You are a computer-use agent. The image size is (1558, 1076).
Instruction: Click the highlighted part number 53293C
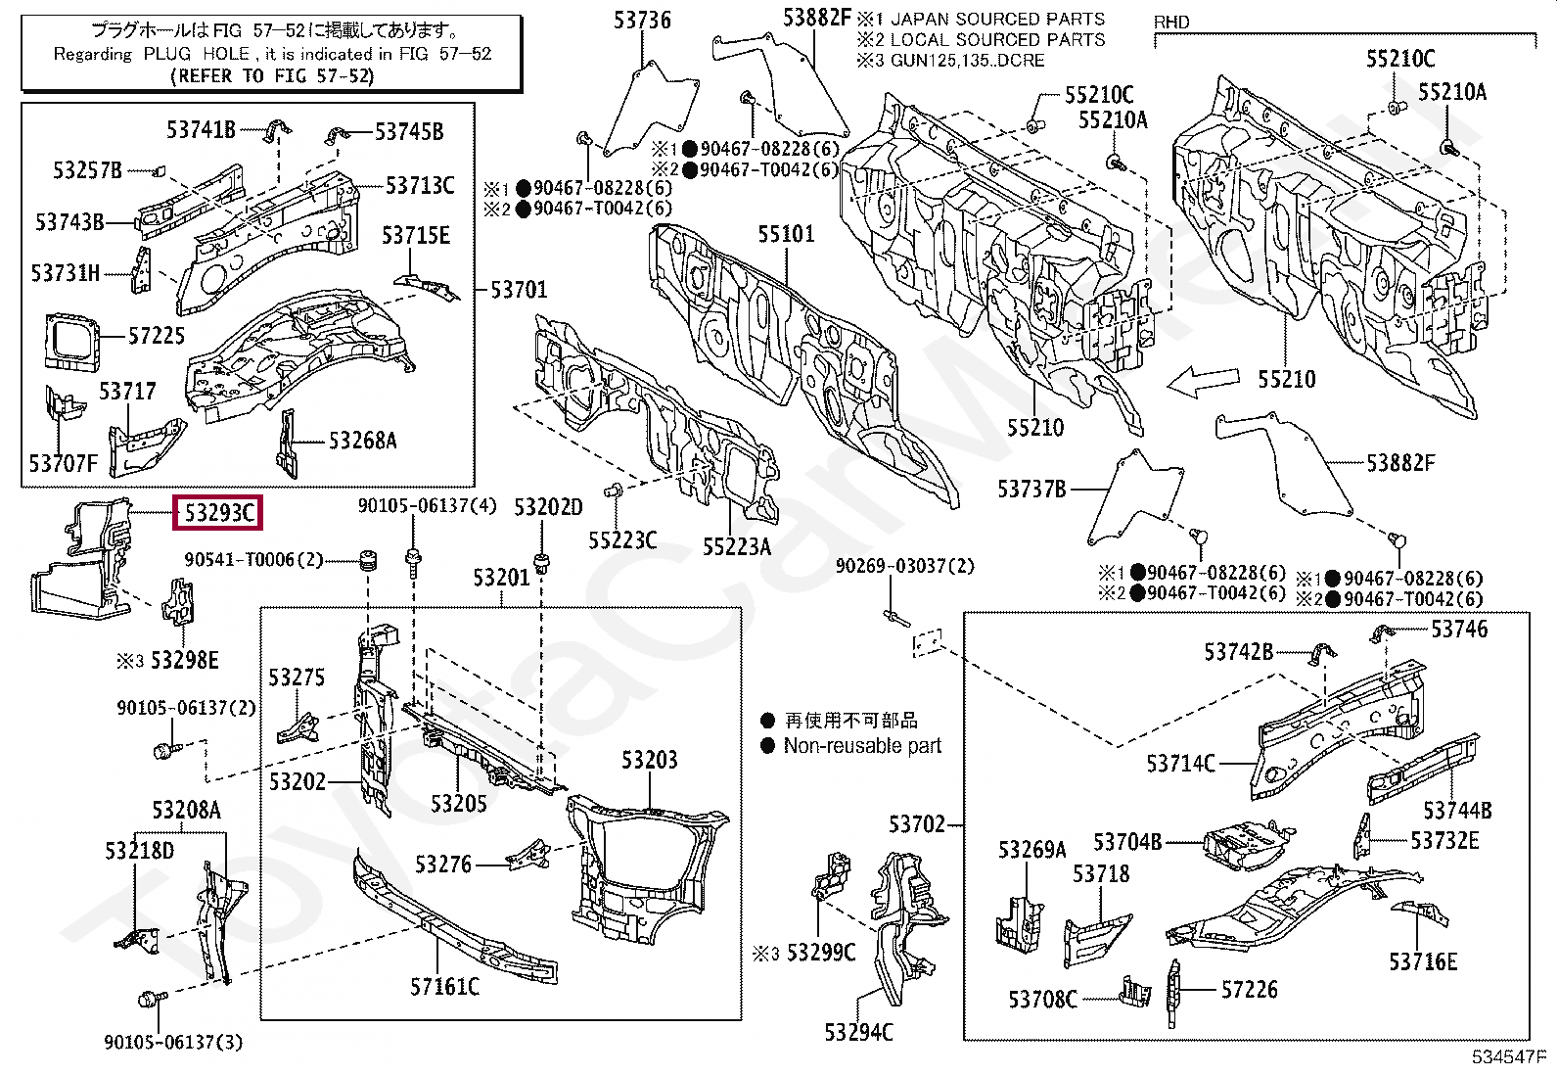point(218,513)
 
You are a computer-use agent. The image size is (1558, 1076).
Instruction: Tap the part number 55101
point(785,234)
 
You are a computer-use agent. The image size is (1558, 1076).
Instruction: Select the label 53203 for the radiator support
point(649,760)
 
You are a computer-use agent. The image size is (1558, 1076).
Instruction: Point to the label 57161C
point(444,986)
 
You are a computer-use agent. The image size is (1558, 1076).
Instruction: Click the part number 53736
point(642,21)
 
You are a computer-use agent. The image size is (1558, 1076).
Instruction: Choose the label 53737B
point(1031,490)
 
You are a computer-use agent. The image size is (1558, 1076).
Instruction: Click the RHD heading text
point(1171,23)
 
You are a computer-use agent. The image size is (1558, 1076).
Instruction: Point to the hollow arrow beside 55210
point(1204,382)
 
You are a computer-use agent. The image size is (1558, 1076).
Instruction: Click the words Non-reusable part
point(862,745)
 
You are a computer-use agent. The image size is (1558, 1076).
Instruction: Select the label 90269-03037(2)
point(905,566)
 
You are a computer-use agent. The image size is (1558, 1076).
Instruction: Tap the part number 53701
point(519,290)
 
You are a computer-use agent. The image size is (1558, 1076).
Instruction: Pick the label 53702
point(917,824)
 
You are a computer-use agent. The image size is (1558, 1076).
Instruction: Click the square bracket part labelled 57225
point(71,341)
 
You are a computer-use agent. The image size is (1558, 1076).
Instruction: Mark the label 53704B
point(1127,842)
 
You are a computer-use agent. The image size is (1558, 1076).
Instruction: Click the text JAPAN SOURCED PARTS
point(997,19)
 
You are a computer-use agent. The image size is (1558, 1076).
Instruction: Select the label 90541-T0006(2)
point(253,560)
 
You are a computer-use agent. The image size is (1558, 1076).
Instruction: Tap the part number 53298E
point(184,660)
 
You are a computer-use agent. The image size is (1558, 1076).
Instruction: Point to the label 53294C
point(859,1032)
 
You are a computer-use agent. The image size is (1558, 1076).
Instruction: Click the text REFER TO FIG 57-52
point(272,75)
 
